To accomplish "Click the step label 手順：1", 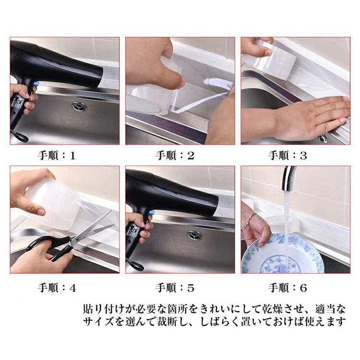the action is [x=57, y=156].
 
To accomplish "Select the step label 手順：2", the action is [x=175, y=156].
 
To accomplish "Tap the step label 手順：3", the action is [x=288, y=156].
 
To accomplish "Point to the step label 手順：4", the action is [x=57, y=288].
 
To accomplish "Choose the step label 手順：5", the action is [x=175, y=288].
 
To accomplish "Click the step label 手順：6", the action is [x=288, y=288].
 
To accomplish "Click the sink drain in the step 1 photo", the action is [x=79, y=106].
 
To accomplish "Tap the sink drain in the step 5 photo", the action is [x=195, y=235].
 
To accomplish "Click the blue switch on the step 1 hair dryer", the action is [x=36, y=85].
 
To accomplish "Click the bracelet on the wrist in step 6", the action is [x=250, y=220].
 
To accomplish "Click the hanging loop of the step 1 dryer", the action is [x=20, y=136].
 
